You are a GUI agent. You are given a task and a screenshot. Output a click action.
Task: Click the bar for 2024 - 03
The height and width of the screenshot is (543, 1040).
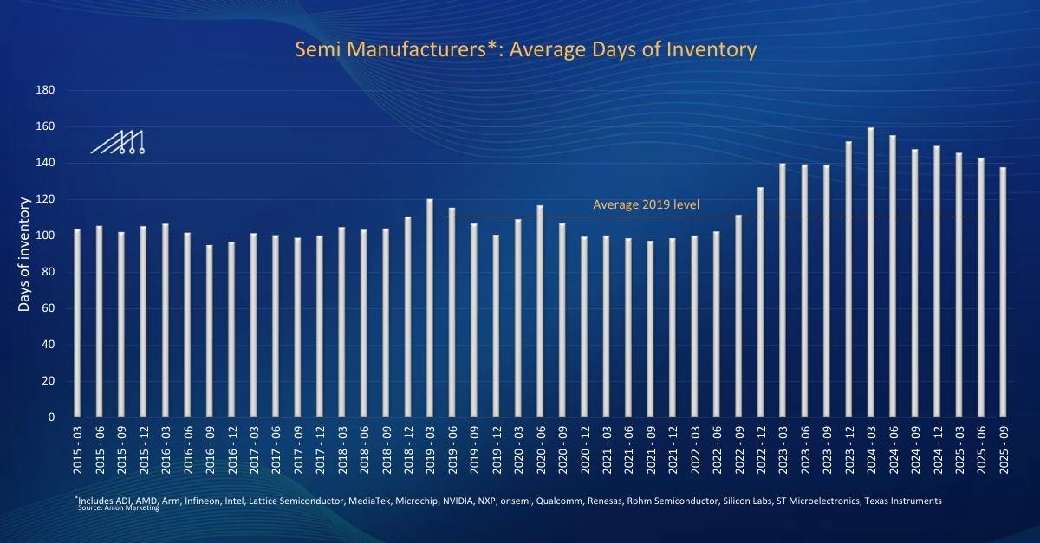point(870,273)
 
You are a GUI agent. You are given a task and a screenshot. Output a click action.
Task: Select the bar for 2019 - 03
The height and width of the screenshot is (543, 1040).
point(429,308)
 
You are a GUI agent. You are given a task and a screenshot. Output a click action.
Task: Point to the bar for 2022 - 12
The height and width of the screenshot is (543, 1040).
point(760,302)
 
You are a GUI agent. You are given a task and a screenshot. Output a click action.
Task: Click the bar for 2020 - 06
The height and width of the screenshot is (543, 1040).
point(539,311)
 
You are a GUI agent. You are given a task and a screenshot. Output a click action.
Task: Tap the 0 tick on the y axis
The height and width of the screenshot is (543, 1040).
point(52,417)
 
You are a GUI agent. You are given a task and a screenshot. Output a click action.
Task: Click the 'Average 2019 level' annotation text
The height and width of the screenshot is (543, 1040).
point(646,205)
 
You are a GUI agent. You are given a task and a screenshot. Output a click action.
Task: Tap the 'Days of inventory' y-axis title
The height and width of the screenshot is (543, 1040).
point(24,254)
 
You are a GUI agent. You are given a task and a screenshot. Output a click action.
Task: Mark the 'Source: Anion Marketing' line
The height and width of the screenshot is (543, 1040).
point(119,508)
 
